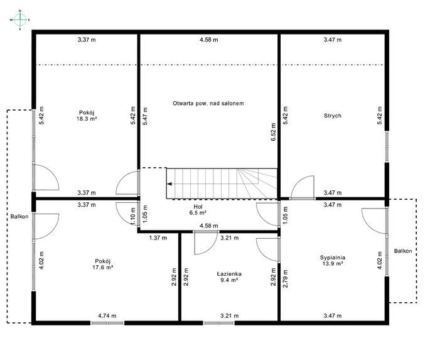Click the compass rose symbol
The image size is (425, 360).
[20, 20]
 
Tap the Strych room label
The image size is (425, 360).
[332, 116]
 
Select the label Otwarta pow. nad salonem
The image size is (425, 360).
[208, 104]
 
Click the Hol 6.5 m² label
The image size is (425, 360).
[198, 210]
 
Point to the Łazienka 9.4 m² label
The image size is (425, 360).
[229, 277]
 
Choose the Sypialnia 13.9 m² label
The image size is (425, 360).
[333, 261]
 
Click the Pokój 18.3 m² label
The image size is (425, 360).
[87, 116]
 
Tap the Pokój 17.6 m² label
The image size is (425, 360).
[103, 265]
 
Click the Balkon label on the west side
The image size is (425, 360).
[19, 217]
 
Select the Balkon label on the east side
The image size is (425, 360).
[403, 251]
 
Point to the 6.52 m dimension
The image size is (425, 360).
[273, 132]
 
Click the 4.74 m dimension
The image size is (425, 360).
[107, 316]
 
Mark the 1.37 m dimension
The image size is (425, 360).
[158, 238]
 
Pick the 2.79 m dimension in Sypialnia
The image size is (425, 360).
[285, 278]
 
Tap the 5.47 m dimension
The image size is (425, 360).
[145, 116]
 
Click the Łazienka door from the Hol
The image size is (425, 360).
[206, 243]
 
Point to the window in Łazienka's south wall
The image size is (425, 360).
[218, 323]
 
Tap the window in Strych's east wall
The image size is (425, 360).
[387, 147]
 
